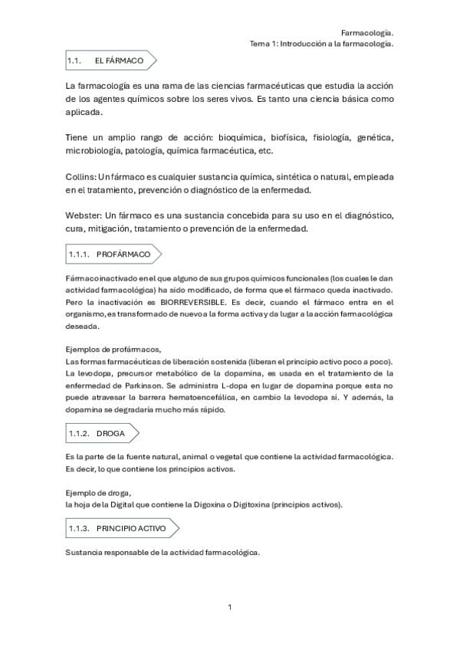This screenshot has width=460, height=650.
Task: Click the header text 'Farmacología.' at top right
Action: pyautogui.click(x=367, y=33)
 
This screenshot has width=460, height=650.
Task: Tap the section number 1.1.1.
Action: pyautogui.click(x=80, y=254)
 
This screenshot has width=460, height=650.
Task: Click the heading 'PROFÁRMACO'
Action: pyautogui.click(x=123, y=254)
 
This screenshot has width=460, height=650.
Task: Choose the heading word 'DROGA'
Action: pyautogui.click(x=110, y=433)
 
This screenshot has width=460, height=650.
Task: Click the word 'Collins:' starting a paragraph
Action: pyautogui.click(x=81, y=176)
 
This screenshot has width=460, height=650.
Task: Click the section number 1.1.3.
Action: pyautogui.click(x=80, y=528)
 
